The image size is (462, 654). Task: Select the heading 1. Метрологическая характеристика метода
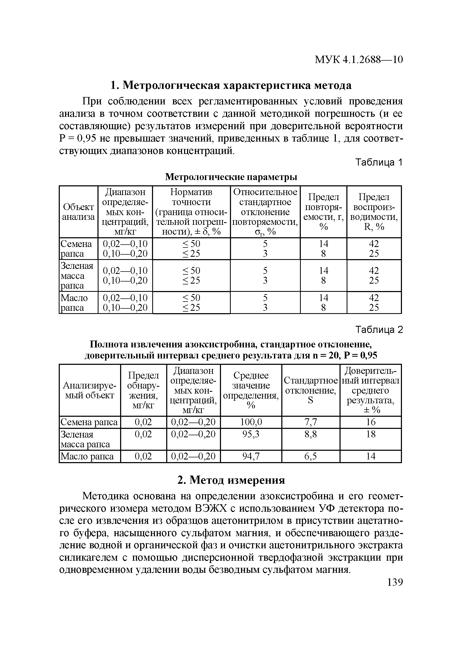[231, 85]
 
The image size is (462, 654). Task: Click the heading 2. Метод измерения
[231, 480]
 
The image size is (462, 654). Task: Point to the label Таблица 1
[379, 162]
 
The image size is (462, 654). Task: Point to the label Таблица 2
[379, 330]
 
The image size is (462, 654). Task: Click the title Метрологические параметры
[231, 177]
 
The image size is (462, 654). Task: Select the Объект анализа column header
[78, 212]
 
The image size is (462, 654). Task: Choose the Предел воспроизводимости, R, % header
[374, 212]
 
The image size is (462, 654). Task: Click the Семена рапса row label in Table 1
[76, 249]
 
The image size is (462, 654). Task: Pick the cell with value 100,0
[251, 422]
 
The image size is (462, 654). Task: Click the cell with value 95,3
[251, 434]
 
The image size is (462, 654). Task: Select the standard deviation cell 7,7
[311, 422]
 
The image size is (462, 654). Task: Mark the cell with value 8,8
[311, 434]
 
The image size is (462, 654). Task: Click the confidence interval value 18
[371, 434]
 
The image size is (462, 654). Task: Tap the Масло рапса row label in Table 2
[87, 456]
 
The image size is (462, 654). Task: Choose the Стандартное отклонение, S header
[311, 390]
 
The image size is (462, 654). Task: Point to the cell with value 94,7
[251, 456]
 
